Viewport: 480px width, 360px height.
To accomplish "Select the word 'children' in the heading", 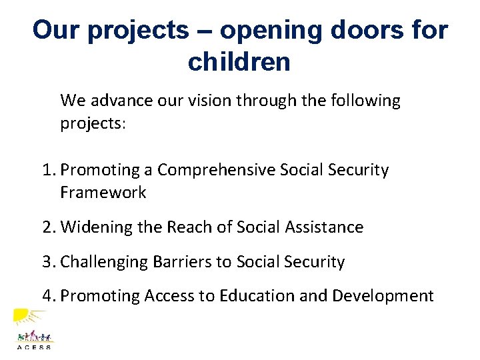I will click(239, 62).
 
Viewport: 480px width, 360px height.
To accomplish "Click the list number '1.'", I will click(49, 170).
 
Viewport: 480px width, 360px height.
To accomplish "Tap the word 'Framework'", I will click(103, 193).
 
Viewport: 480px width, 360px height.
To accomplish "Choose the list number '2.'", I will click(49, 227).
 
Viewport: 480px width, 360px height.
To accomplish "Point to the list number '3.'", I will click(49, 262).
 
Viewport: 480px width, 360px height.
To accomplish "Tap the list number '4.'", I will click(49, 295).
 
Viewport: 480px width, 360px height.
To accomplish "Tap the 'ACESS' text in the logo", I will click(33, 346).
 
